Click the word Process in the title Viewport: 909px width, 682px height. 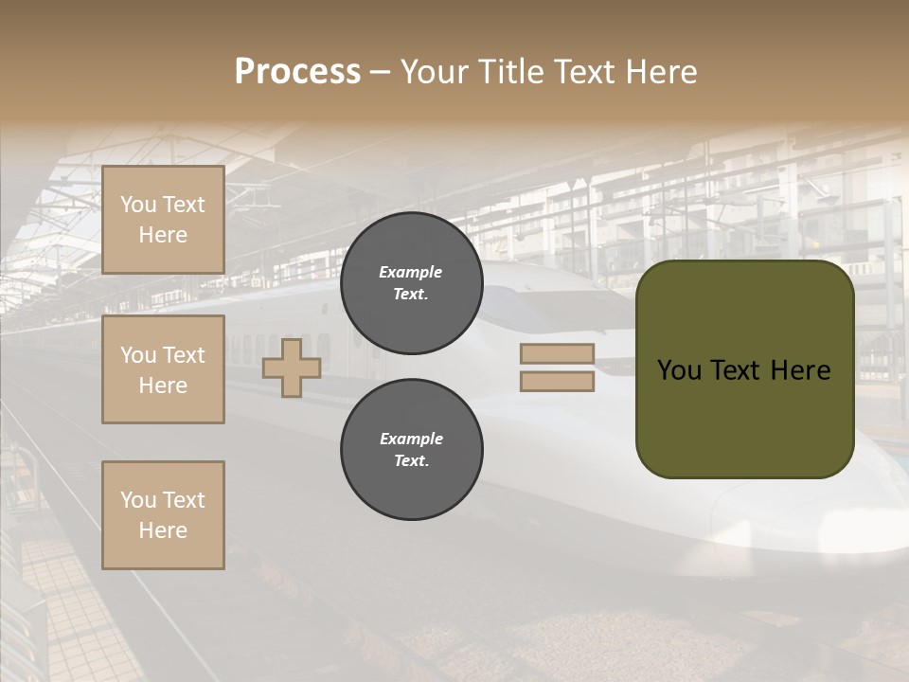pyautogui.click(x=297, y=72)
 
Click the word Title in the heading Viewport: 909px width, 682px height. pyautogui.click(x=510, y=72)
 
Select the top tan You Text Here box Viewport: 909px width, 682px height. pyautogui.click(x=163, y=220)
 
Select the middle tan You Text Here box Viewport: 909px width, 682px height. pyautogui.click(x=163, y=369)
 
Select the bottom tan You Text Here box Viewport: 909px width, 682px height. pyautogui.click(x=163, y=515)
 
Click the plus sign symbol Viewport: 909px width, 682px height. pyautogui.click(x=292, y=368)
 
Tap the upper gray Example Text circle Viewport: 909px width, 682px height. pyautogui.click(x=411, y=283)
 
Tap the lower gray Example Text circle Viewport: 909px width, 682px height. pyautogui.click(x=411, y=450)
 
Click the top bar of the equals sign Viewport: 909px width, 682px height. pyautogui.click(x=557, y=354)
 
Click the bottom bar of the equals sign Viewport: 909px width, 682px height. pyautogui.click(x=557, y=382)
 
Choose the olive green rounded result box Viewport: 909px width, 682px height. pyautogui.click(x=744, y=417)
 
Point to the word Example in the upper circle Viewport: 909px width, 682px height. pyautogui.click(x=411, y=272)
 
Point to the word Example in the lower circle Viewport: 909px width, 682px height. pyautogui.click(x=411, y=439)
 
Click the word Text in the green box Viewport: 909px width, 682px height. pyautogui.click(x=738, y=370)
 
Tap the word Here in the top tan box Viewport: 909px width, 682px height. pyautogui.click(x=163, y=235)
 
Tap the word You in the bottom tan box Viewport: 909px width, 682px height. pyautogui.click(x=138, y=500)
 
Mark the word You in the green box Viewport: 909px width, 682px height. pyautogui.click(x=679, y=370)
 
